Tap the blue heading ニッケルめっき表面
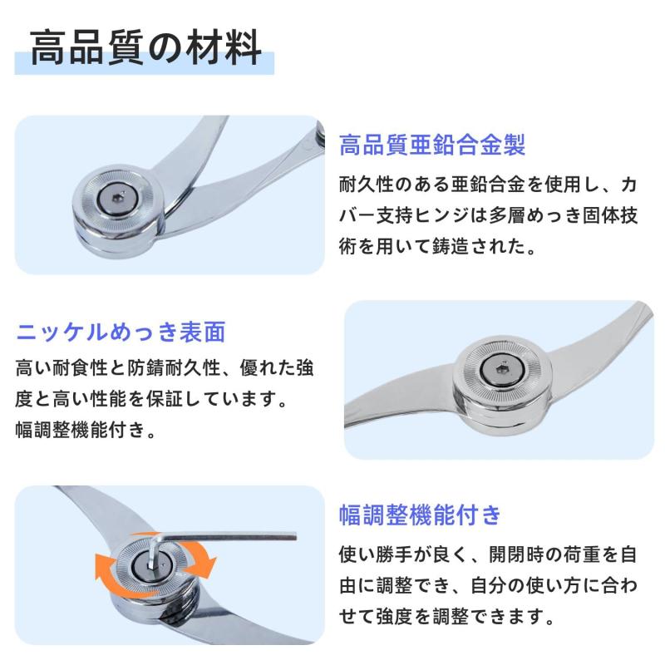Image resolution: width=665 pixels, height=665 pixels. click(x=121, y=332)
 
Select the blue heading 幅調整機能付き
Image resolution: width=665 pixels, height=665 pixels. click(x=420, y=515)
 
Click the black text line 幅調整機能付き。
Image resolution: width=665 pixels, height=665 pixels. click(x=85, y=430)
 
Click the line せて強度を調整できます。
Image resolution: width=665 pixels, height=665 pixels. click(x=446, y=617)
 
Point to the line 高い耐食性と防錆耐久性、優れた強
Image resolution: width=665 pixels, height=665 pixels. click(x=165, y=367)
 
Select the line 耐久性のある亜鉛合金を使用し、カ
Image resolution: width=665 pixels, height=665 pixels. click(x=488, y=183)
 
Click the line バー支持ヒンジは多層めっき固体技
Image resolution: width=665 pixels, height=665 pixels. click(x=488, y=214)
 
